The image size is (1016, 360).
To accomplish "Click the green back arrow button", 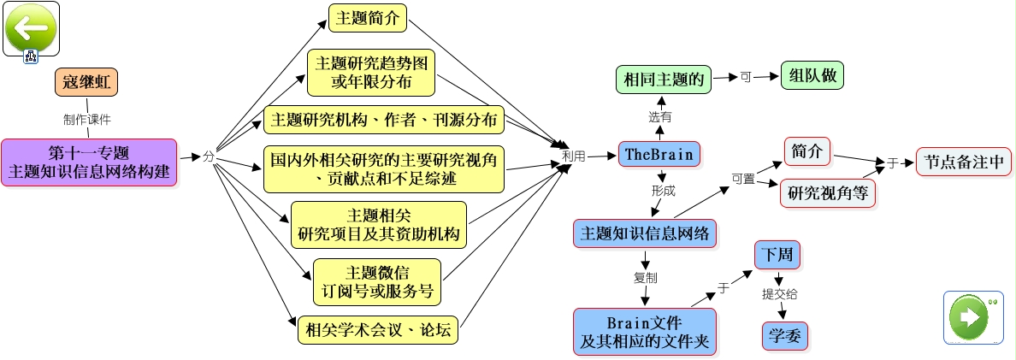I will click(x=31, y=28).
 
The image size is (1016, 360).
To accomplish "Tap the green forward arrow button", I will click(x=972, y=316).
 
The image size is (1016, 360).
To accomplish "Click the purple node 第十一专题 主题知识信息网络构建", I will click(x=89, y=162).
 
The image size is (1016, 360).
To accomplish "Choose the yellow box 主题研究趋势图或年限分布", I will click(x=371, y=72).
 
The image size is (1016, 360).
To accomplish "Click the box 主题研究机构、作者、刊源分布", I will click(x=383, y=120).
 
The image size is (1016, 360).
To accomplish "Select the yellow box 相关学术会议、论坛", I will click(x=377, y=328).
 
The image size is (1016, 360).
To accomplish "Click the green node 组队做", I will click(x=812, y=75).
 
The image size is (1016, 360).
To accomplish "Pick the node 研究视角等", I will click(x=827, y=193).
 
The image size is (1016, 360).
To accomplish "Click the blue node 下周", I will click(x=777, y=254).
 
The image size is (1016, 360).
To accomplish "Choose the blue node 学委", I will click(x=783, y=335).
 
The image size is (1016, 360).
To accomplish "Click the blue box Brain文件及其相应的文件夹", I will click(x=644, y=332).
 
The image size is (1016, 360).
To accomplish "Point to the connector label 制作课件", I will click(x=86, y=119).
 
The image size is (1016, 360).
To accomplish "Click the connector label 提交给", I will click(x=780, y=294).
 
